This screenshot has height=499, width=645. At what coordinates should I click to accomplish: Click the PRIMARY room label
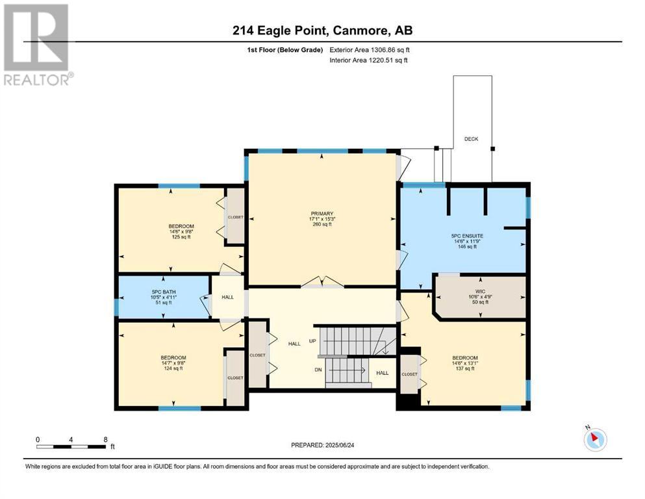322,214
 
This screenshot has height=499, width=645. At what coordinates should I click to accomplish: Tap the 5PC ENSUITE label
467,236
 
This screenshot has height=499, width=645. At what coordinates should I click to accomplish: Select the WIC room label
480,291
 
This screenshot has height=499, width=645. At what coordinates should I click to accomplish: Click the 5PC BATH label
163,292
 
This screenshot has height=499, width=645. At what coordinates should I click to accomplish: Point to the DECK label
471,139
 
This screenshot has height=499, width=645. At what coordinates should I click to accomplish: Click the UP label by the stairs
312,341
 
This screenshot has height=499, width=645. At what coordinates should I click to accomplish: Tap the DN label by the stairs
318,370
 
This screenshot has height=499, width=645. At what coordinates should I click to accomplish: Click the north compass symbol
595,439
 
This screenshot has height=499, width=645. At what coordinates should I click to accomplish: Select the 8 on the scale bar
105,439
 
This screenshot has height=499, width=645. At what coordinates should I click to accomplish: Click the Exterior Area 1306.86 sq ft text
370,50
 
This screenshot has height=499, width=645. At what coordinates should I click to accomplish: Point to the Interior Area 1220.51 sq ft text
368,60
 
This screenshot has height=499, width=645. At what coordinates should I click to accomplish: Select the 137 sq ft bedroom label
465,368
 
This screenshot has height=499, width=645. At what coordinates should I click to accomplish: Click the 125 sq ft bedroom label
181,237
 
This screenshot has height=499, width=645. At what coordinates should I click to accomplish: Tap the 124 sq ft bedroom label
173,368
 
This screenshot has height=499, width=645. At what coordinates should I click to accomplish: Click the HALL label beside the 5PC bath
227,297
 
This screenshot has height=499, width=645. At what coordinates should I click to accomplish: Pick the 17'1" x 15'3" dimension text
322,219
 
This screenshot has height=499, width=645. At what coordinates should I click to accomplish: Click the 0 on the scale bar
38,439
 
